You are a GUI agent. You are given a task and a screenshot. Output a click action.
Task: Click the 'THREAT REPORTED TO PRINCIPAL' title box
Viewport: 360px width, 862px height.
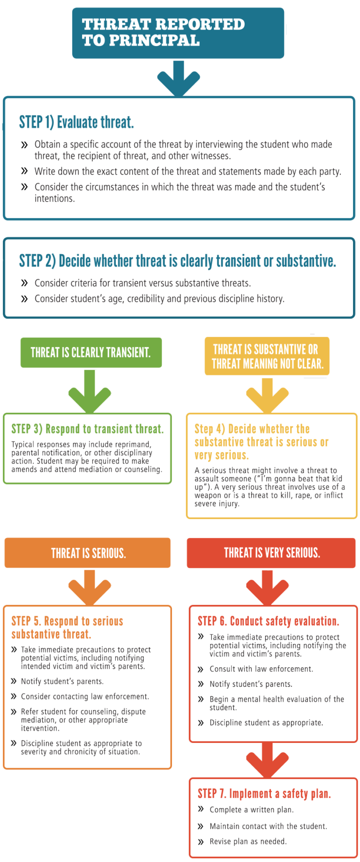(x=178, y=33)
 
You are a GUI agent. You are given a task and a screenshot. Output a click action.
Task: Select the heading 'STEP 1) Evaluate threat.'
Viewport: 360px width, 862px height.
(x=76, y=122)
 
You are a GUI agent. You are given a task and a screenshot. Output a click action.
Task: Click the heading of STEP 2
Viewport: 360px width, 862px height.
(x=177, y=261)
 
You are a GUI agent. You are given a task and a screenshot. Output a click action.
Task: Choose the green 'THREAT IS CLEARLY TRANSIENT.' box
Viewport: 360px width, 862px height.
(x=90, y=352)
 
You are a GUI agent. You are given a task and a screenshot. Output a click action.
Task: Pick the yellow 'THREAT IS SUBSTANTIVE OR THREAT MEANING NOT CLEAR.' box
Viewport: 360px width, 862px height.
(x=267, y=356)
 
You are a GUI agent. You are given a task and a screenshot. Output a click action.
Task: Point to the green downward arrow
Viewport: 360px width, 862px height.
(x=90, y=391)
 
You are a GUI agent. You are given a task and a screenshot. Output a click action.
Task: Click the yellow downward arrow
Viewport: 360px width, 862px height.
(x=268, y=394)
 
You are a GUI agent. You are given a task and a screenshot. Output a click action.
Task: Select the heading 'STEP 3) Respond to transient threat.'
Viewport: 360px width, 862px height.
(x=87, y=429)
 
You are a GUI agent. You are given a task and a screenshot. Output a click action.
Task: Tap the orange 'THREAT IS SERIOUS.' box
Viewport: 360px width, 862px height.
(x=88, y=553)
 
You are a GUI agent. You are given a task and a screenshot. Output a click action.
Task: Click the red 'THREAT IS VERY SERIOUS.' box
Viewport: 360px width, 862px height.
(x=272, y=553)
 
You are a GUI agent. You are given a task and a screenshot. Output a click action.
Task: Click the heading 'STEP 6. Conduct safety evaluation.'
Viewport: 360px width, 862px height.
(x=268, y=621)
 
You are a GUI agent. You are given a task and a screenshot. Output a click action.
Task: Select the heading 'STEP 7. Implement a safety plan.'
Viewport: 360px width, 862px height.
(x=264, y=794)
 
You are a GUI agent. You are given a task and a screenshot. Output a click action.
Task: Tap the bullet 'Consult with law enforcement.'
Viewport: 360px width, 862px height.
(x=261, y=669)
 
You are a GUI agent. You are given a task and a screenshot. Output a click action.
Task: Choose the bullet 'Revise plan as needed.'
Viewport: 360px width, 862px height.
(x=247, y=841)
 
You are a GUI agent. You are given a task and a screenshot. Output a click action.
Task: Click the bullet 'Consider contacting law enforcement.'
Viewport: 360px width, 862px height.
(x=85, y=696)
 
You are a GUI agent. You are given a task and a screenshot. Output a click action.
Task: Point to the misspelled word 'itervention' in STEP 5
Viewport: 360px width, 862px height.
(x=40, y=728)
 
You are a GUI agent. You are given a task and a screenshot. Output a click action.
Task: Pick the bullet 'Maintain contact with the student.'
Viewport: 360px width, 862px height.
(x=268, y=826)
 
